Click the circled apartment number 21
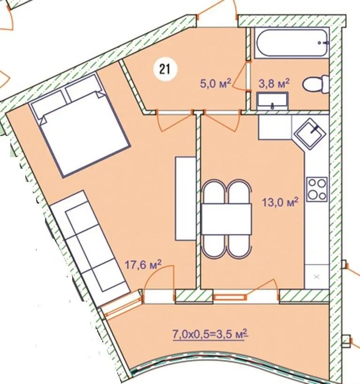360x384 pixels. pyautogui.click(x=165, y=69)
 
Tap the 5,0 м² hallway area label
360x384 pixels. pyautogui.click(x=216, y=83)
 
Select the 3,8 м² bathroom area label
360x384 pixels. pyautogui.click(x=274, y=83)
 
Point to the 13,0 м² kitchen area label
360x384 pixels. pyautogui.click(x=280, y=202)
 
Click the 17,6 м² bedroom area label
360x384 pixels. pyautogui.click(x=143, y=265)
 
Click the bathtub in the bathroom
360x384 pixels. pyautogui.click(x=292, y=43)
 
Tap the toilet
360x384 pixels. pyautogui.click(x=316, y=84)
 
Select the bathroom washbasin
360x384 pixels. pyautogui.click(x=272, y=101)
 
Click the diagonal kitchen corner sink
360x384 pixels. pyautogui.click(x=311, y=134)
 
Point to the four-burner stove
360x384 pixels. pyautogui.click(x=317, y=189)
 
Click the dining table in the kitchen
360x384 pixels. pyautogui.click(x=226, y=219)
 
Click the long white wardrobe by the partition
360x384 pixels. pyautogui.click(x=185, y=198)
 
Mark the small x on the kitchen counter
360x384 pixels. pyautogui.click(x=317, y=277)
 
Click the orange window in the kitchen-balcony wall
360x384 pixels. pyautogui.click(x=230, y=297)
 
